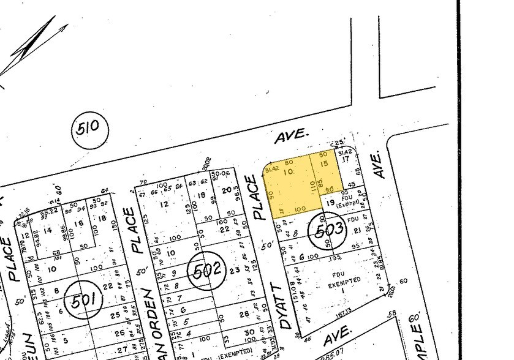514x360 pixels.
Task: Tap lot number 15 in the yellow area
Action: [325, 163]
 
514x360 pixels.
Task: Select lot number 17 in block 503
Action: [345, 159]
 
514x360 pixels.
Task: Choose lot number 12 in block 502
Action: [164, 204]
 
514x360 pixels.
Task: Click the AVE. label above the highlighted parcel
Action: [288, 138]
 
